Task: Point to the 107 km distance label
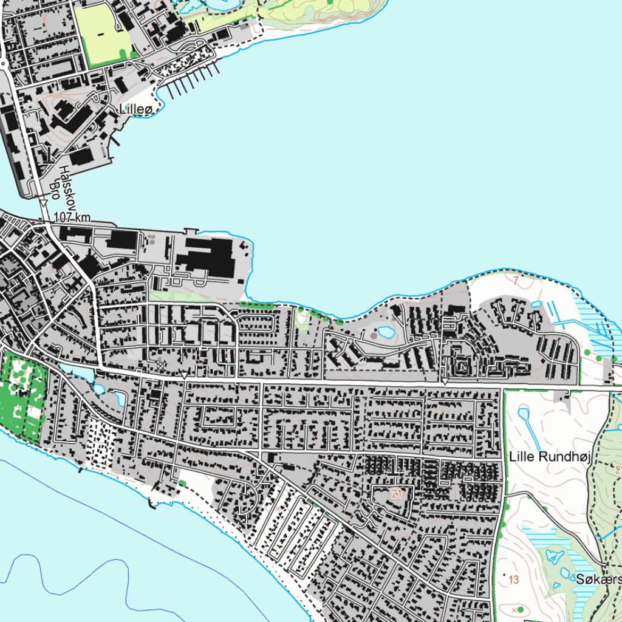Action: tap(72, 217)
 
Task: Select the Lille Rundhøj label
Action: tap(550, 456)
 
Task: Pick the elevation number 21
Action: tap(397, 494)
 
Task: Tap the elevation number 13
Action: tap(514, 580)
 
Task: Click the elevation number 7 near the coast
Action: tap(516, 281)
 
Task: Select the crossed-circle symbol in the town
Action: tap(160, 365)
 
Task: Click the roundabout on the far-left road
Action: tap(2, 62)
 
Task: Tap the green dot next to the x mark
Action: tap(521, 609)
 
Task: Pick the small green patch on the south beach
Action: tap(182, 483)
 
